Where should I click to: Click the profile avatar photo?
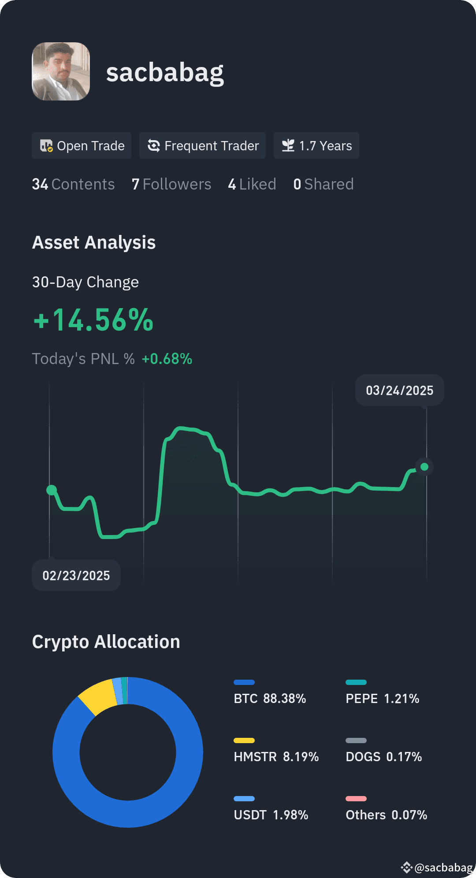61,71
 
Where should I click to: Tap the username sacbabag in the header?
165,72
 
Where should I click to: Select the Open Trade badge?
82,145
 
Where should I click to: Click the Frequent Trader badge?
202,145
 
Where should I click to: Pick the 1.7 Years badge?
316,145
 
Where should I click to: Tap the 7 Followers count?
171,184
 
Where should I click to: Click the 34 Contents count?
73,184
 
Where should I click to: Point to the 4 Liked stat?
252,184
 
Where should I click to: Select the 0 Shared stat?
324,184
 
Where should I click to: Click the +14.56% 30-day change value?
93,320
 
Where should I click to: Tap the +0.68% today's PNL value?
167,359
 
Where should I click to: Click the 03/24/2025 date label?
400,391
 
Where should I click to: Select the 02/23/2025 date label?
76,575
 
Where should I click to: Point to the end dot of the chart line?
424,466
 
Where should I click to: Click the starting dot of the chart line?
52,490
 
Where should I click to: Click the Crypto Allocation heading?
106,642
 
